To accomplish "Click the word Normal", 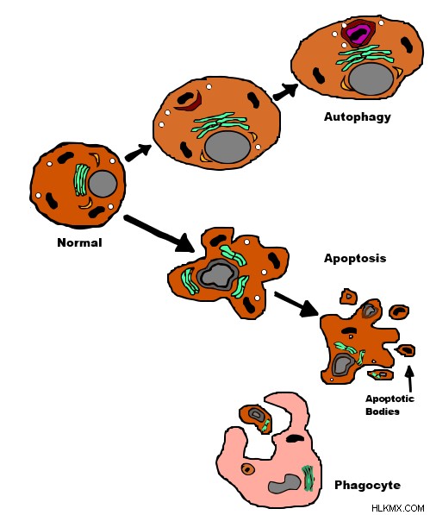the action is (79, 242).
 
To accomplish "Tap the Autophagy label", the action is (358, 117).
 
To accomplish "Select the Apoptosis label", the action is (355, 258).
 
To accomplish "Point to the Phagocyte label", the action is (367, 485).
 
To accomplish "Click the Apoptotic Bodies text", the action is (389, 405).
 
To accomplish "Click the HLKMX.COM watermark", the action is (397, 508).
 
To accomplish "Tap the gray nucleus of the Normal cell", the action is (103, 184).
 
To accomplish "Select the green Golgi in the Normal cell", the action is (81, 180).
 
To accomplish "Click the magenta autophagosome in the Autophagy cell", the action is (358, 35).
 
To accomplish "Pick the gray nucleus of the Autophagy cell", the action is (371, 79).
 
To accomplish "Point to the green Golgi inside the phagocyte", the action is (308, 478).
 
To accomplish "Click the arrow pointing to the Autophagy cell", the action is (285, 91).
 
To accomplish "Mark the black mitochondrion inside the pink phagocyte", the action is (296, 438).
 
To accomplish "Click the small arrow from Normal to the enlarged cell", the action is (138, 153).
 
